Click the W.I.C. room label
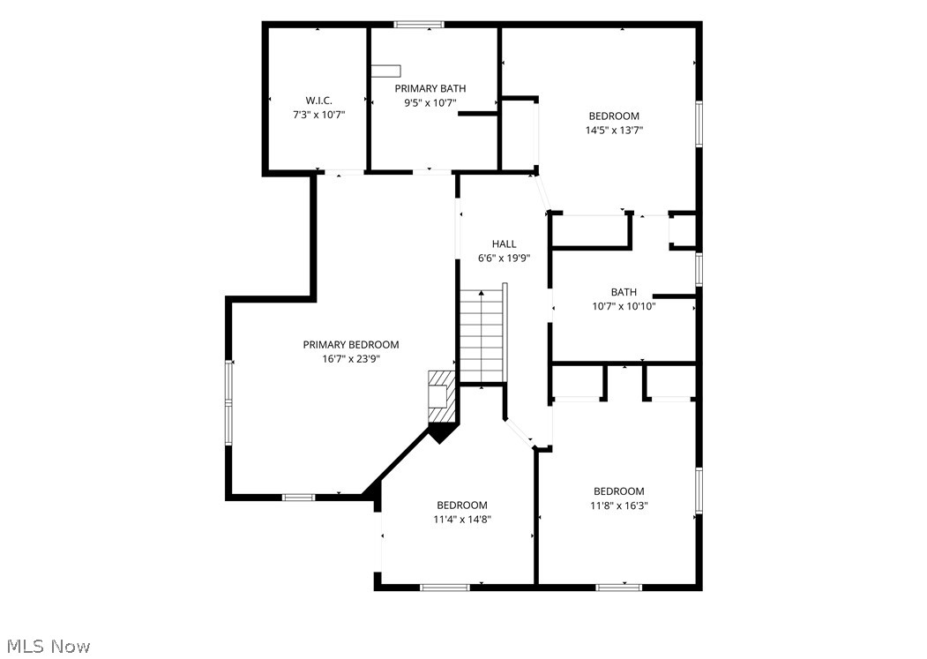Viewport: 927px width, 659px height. coord(318,101)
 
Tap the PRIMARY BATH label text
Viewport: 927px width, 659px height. coord(430,89)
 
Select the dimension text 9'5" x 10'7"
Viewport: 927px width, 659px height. coord(430,103)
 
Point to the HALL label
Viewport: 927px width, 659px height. coord(505,243)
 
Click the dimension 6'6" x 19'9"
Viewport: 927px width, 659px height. coord(505,258)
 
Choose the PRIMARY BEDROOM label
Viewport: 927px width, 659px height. coord(351,345)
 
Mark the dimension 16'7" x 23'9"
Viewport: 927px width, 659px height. coord(351,359)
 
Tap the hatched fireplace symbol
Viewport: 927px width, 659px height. coord(442,397)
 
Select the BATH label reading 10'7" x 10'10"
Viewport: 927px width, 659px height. coord(624,292)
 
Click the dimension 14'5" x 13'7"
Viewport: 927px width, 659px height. coord(614,131)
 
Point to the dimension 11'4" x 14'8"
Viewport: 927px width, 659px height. coord(462,520)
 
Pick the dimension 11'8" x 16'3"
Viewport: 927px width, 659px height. coord(619,505)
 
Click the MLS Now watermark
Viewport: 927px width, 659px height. coord(49,646)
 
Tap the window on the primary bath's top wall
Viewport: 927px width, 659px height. coord(419,24)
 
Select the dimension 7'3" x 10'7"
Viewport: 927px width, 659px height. coord(319,115)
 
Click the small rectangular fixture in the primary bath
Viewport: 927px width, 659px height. coord(386,71)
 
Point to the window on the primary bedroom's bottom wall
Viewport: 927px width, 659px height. coord(298,497)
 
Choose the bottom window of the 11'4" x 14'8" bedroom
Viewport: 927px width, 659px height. coord(445,588)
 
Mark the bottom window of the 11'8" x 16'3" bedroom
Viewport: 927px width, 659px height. coord(618,588)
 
